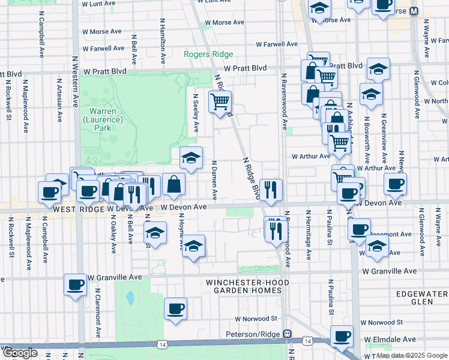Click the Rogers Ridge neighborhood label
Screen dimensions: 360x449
[x=208, y=55]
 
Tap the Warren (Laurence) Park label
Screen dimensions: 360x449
[x=106, y=119]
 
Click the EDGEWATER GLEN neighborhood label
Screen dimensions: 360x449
[x=423, y=298]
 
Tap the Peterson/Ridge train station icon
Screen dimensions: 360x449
[x=288, y=334]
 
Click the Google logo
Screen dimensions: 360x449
[x=20, y=353]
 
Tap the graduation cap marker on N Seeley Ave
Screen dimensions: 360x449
[x=191, y=158]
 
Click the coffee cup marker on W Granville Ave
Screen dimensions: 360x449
[x=76, y=285]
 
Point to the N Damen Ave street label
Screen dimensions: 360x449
[x=215, y=180]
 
